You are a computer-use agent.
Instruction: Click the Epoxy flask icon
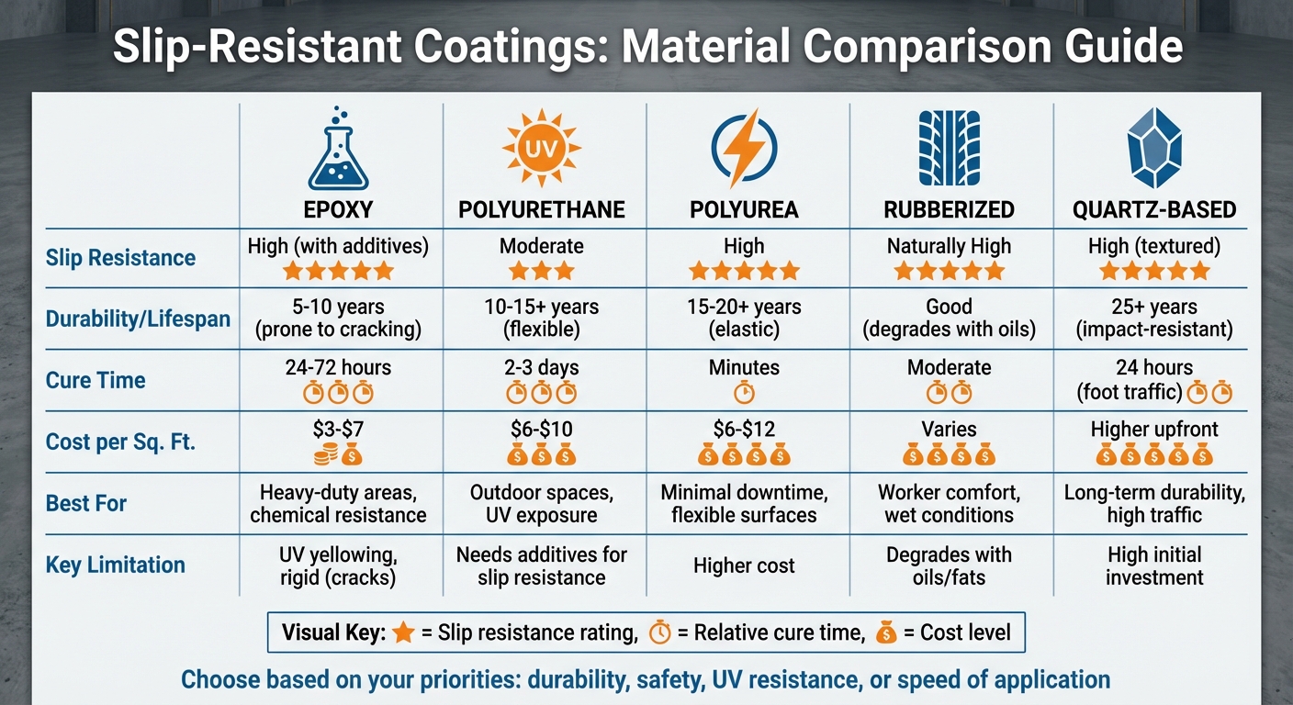(338, 149)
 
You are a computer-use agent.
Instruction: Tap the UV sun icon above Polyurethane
(542, 148)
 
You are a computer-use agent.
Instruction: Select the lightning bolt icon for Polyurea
(744, 147)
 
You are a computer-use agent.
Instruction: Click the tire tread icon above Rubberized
(949, 148)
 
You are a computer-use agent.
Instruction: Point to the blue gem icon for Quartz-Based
(1153, 147)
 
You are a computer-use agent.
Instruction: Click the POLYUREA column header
(744, 210)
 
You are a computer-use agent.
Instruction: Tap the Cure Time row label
(96, 380)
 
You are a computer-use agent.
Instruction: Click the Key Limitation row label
(116, 565)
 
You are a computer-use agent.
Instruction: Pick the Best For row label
(86, 503)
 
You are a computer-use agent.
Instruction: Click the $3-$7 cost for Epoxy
(338, 429)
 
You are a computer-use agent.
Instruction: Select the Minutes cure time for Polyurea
(744, 367)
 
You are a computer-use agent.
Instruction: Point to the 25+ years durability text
(1153, 307)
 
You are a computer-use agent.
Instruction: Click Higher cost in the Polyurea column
(744, 565)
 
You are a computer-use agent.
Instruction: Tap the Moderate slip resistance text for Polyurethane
(542, 246)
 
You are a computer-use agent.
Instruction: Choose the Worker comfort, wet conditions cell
(949, 503)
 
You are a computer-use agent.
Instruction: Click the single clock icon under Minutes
(744, 393)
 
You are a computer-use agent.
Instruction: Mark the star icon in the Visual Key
(402, 633)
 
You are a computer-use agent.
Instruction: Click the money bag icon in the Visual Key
(886, 633)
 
